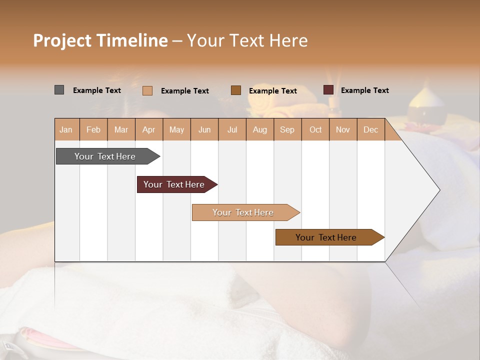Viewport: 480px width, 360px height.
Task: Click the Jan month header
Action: point(66,129)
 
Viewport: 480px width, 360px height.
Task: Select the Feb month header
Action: point(93,129)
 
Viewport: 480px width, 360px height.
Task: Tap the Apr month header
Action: point(148,129)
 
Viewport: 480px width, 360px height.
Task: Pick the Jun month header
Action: point(204,129)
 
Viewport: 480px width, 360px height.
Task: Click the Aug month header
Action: point(259,129)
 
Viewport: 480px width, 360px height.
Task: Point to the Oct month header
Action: point(315,129)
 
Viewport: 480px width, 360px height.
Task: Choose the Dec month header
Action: point(370,129)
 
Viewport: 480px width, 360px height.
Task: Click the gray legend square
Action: point(59,90)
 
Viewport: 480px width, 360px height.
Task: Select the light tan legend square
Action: point(147,90)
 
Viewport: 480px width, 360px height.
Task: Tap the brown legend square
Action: point(236,90)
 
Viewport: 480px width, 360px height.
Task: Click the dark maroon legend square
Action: point(328,90)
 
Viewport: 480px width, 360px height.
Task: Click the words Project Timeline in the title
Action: point(100,40)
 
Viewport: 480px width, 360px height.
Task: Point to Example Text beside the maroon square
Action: point(364,90)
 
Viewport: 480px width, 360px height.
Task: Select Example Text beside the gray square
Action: point(96,90)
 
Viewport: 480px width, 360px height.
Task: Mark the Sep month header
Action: point(287,129)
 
